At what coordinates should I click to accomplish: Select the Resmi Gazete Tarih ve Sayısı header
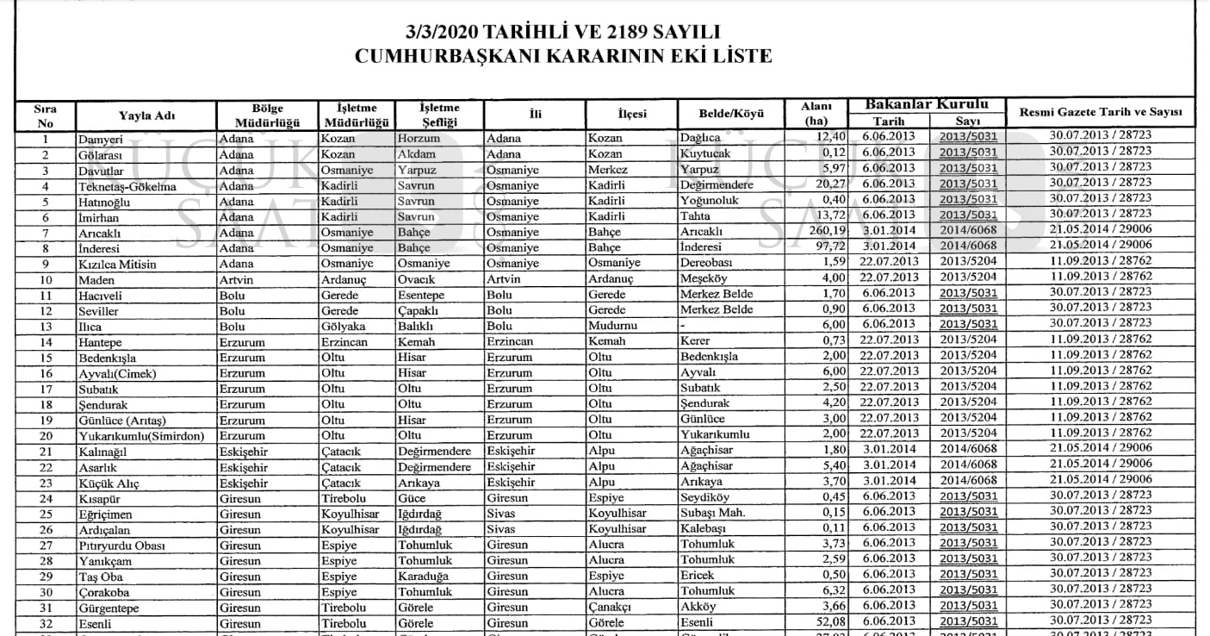[x=1100, y=113]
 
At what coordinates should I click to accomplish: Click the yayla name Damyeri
[x=101, y=139]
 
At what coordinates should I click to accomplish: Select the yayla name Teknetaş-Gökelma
[x=127, y=186]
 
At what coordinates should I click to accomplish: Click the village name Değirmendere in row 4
[x=717, y=185]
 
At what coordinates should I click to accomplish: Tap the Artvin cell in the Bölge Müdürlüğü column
[x=237, y=280]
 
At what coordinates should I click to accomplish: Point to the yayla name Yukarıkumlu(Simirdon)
[x=141, y=436]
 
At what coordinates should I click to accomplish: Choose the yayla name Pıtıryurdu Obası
[x=121, y=546]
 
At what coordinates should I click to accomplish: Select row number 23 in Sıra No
[x=46, y=483]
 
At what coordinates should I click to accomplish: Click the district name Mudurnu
[x=613, y=327]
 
